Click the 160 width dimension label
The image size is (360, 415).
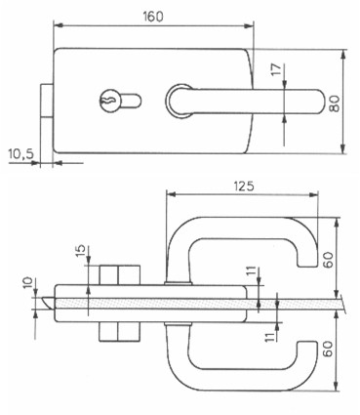click(153, 16)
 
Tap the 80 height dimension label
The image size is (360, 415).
click(335, 104)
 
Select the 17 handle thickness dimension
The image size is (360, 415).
click(275, 69)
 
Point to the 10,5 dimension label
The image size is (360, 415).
click(21, 154)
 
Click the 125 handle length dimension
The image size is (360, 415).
click(244, 187)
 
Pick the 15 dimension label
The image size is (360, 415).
click(82, 251)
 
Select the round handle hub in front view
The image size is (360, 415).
click(179, 101)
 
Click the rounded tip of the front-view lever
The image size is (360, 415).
click(319, 102)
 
